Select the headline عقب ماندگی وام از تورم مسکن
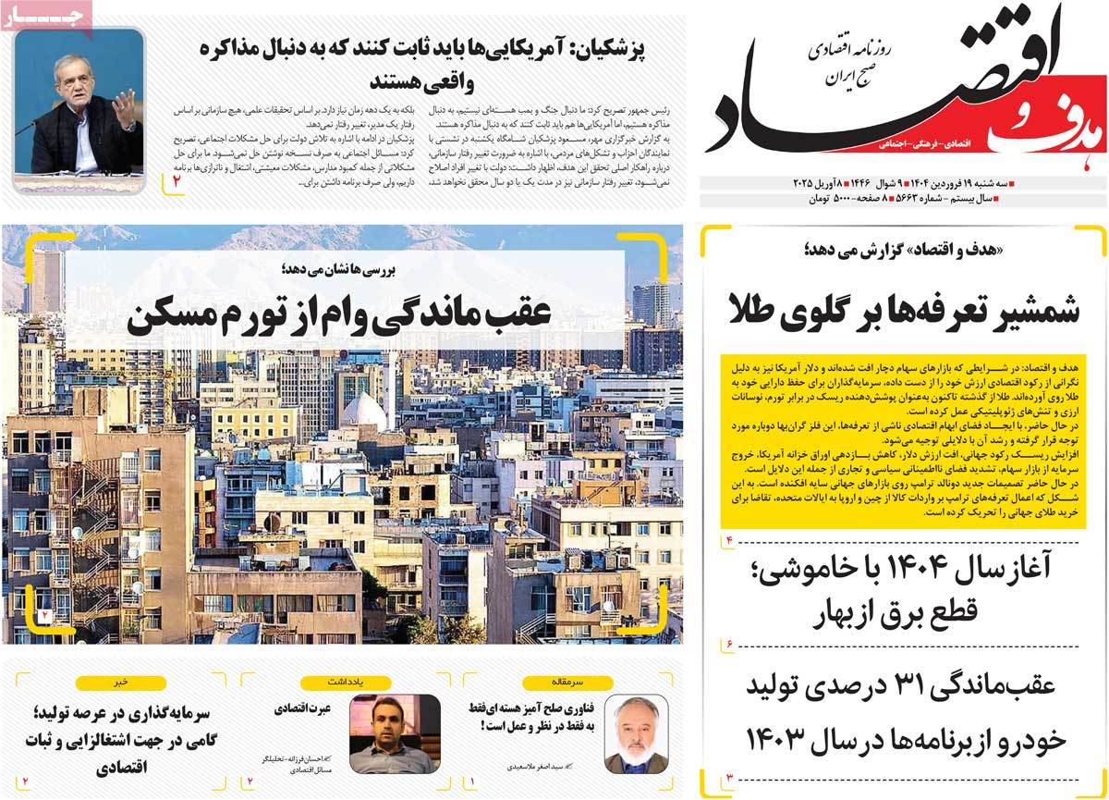(x=340, y=315)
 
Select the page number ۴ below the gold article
(x=727, y=538)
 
